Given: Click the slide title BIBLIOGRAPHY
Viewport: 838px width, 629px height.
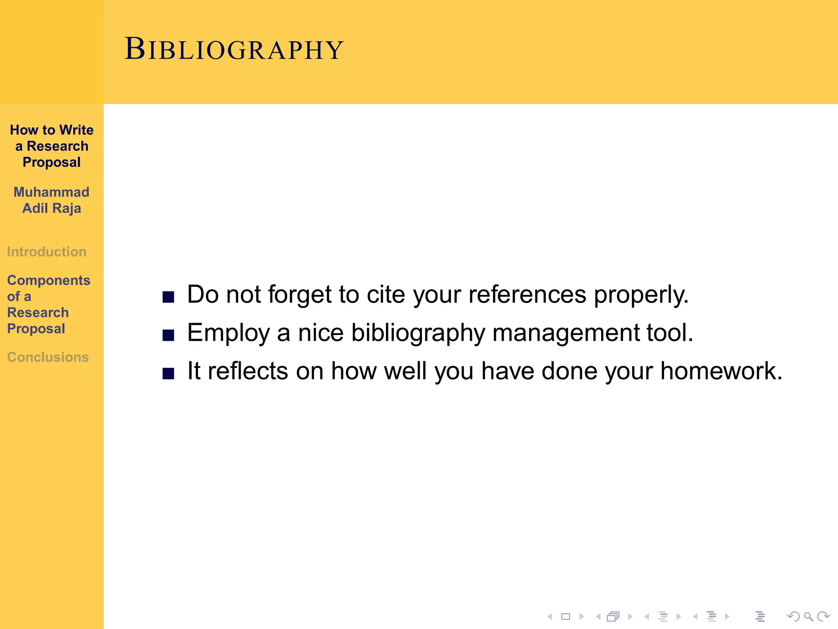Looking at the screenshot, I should point(234,49).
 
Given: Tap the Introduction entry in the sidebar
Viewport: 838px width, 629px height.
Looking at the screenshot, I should point(47,251).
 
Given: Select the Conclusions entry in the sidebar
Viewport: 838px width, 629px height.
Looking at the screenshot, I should point(48,357).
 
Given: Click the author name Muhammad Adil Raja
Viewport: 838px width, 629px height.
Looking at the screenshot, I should point(52,200).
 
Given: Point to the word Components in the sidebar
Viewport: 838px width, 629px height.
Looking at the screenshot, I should point(49,280).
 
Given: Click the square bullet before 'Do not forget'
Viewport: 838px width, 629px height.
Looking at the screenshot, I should point(168,296).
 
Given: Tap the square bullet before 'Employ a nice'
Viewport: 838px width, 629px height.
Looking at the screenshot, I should point(168,335).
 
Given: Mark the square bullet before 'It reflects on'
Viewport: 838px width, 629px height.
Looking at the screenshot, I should point(168,373).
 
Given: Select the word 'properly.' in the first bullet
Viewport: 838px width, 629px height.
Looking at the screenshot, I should point(641,295).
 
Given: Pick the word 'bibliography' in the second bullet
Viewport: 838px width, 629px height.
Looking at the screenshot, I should point(418,333).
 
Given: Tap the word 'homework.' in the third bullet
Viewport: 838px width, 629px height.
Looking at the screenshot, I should point(721,371).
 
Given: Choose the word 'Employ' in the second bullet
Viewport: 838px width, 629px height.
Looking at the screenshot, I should point(228,333).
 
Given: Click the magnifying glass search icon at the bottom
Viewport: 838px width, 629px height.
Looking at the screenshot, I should point(808,616).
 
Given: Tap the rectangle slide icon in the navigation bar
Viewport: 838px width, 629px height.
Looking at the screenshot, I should point(565,616).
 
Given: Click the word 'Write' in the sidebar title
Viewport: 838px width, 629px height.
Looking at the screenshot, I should point(76,130).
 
